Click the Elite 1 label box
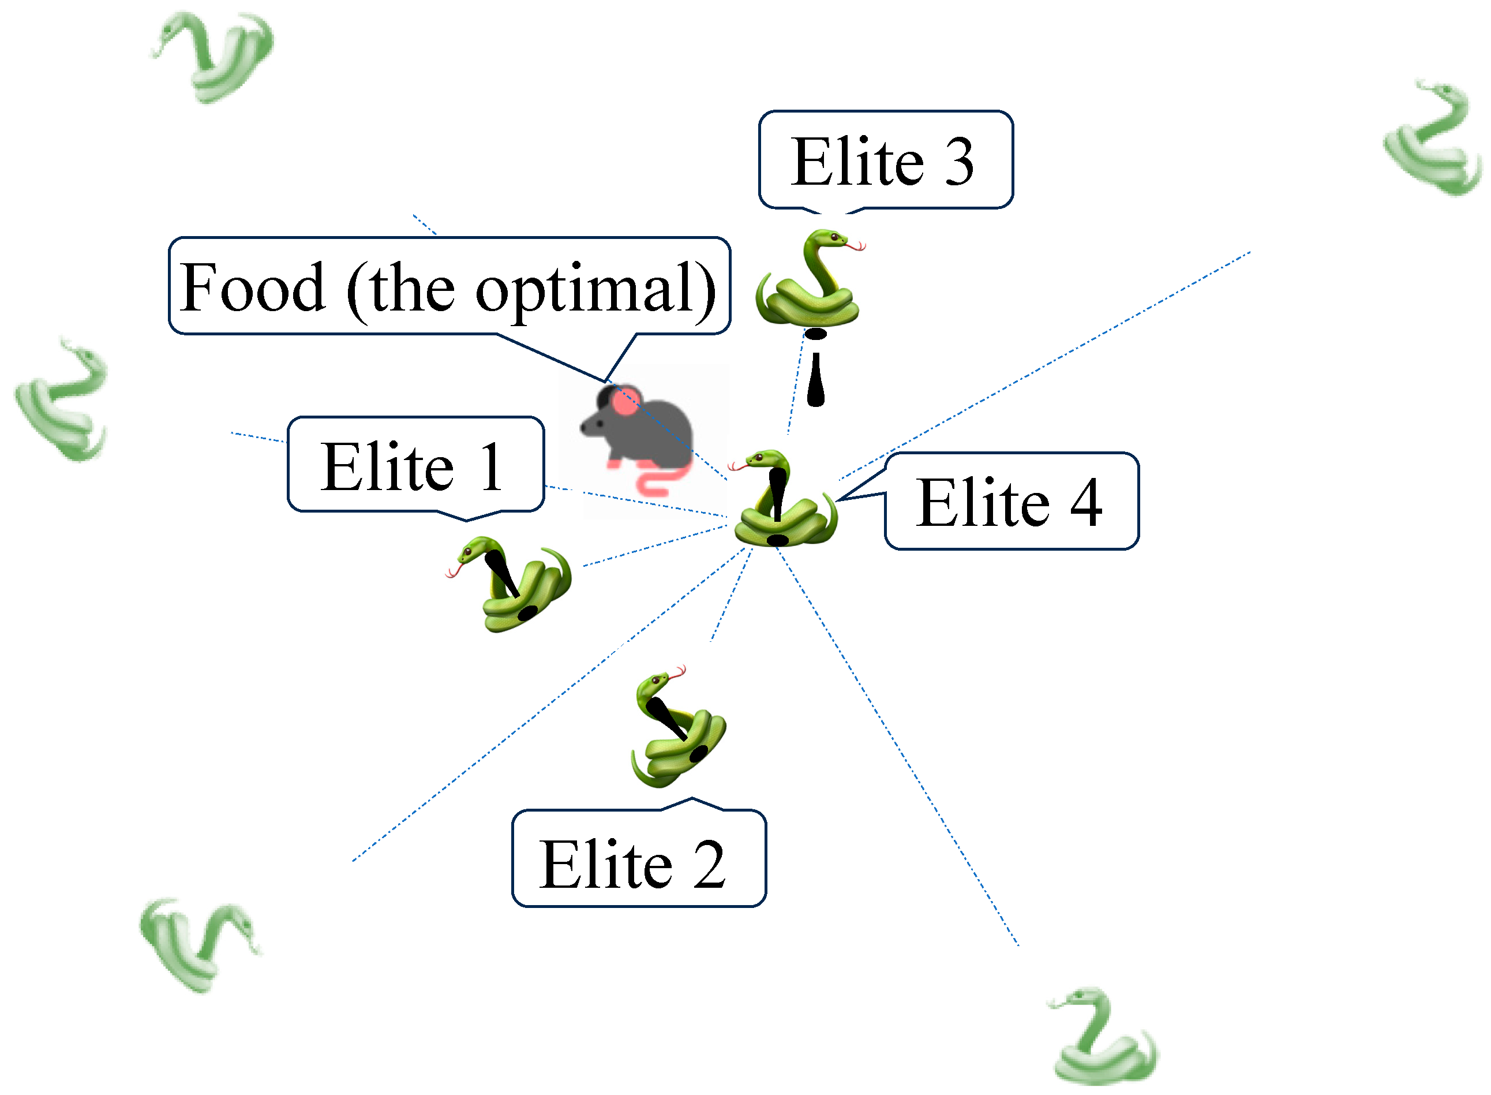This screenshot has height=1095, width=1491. coord(415,465)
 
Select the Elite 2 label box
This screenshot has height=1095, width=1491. coord(639,859)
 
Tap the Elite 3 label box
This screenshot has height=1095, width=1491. coord(885,160)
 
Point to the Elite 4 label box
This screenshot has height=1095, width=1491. coord(1012,502)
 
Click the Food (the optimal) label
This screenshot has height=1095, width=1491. coord(449,286)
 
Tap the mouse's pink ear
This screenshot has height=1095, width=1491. coord(624,402)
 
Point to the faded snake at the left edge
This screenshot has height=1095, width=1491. coord(63,401)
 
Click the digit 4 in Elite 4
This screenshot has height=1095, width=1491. coord(1085,502)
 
